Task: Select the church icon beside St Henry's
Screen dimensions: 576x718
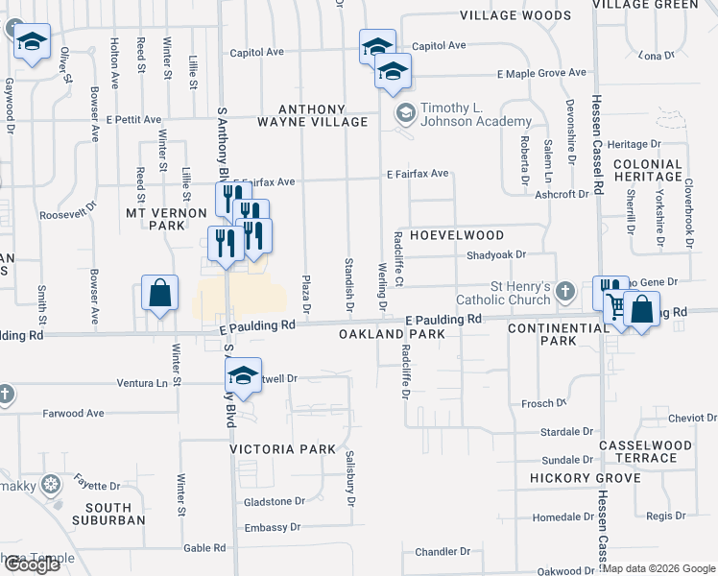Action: point(565,290)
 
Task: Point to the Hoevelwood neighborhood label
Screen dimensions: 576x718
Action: point(457,234)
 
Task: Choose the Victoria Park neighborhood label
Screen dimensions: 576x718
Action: point(283,448)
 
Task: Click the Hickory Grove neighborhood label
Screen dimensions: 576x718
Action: point(585,478)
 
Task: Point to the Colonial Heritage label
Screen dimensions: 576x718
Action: point(648,171)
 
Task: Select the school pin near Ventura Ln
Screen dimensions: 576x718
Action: point(244,374)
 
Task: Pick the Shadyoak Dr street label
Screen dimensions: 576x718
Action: point(495,254)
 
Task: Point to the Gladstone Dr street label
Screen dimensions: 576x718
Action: point(274,501)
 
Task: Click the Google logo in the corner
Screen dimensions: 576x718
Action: point(32,564)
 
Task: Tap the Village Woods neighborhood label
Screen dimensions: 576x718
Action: point(515,15)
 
